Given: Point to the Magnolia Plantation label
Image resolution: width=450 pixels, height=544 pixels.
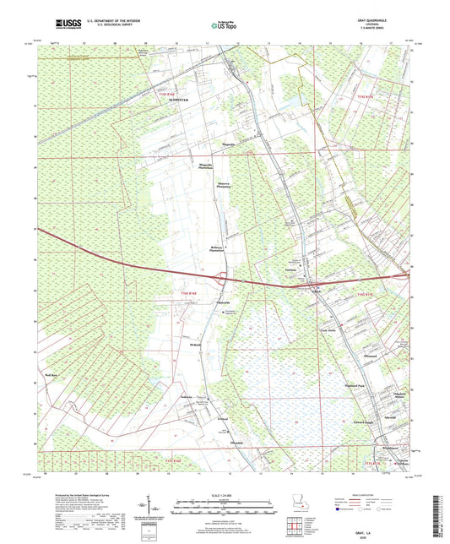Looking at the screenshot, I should (x=204, y=165).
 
